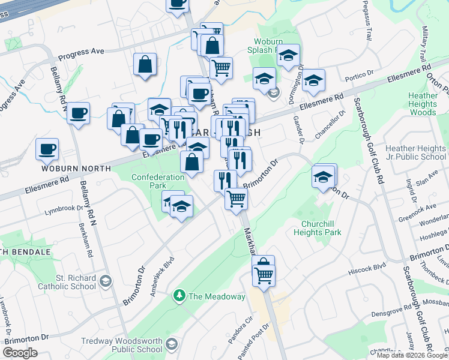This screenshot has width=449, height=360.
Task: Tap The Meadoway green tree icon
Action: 179,295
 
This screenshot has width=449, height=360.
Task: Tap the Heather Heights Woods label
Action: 423,104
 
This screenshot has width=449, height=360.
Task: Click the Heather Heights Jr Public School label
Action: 416,152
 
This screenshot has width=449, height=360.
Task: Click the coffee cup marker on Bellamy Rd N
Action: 79,113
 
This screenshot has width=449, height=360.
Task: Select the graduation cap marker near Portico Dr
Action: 313,79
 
